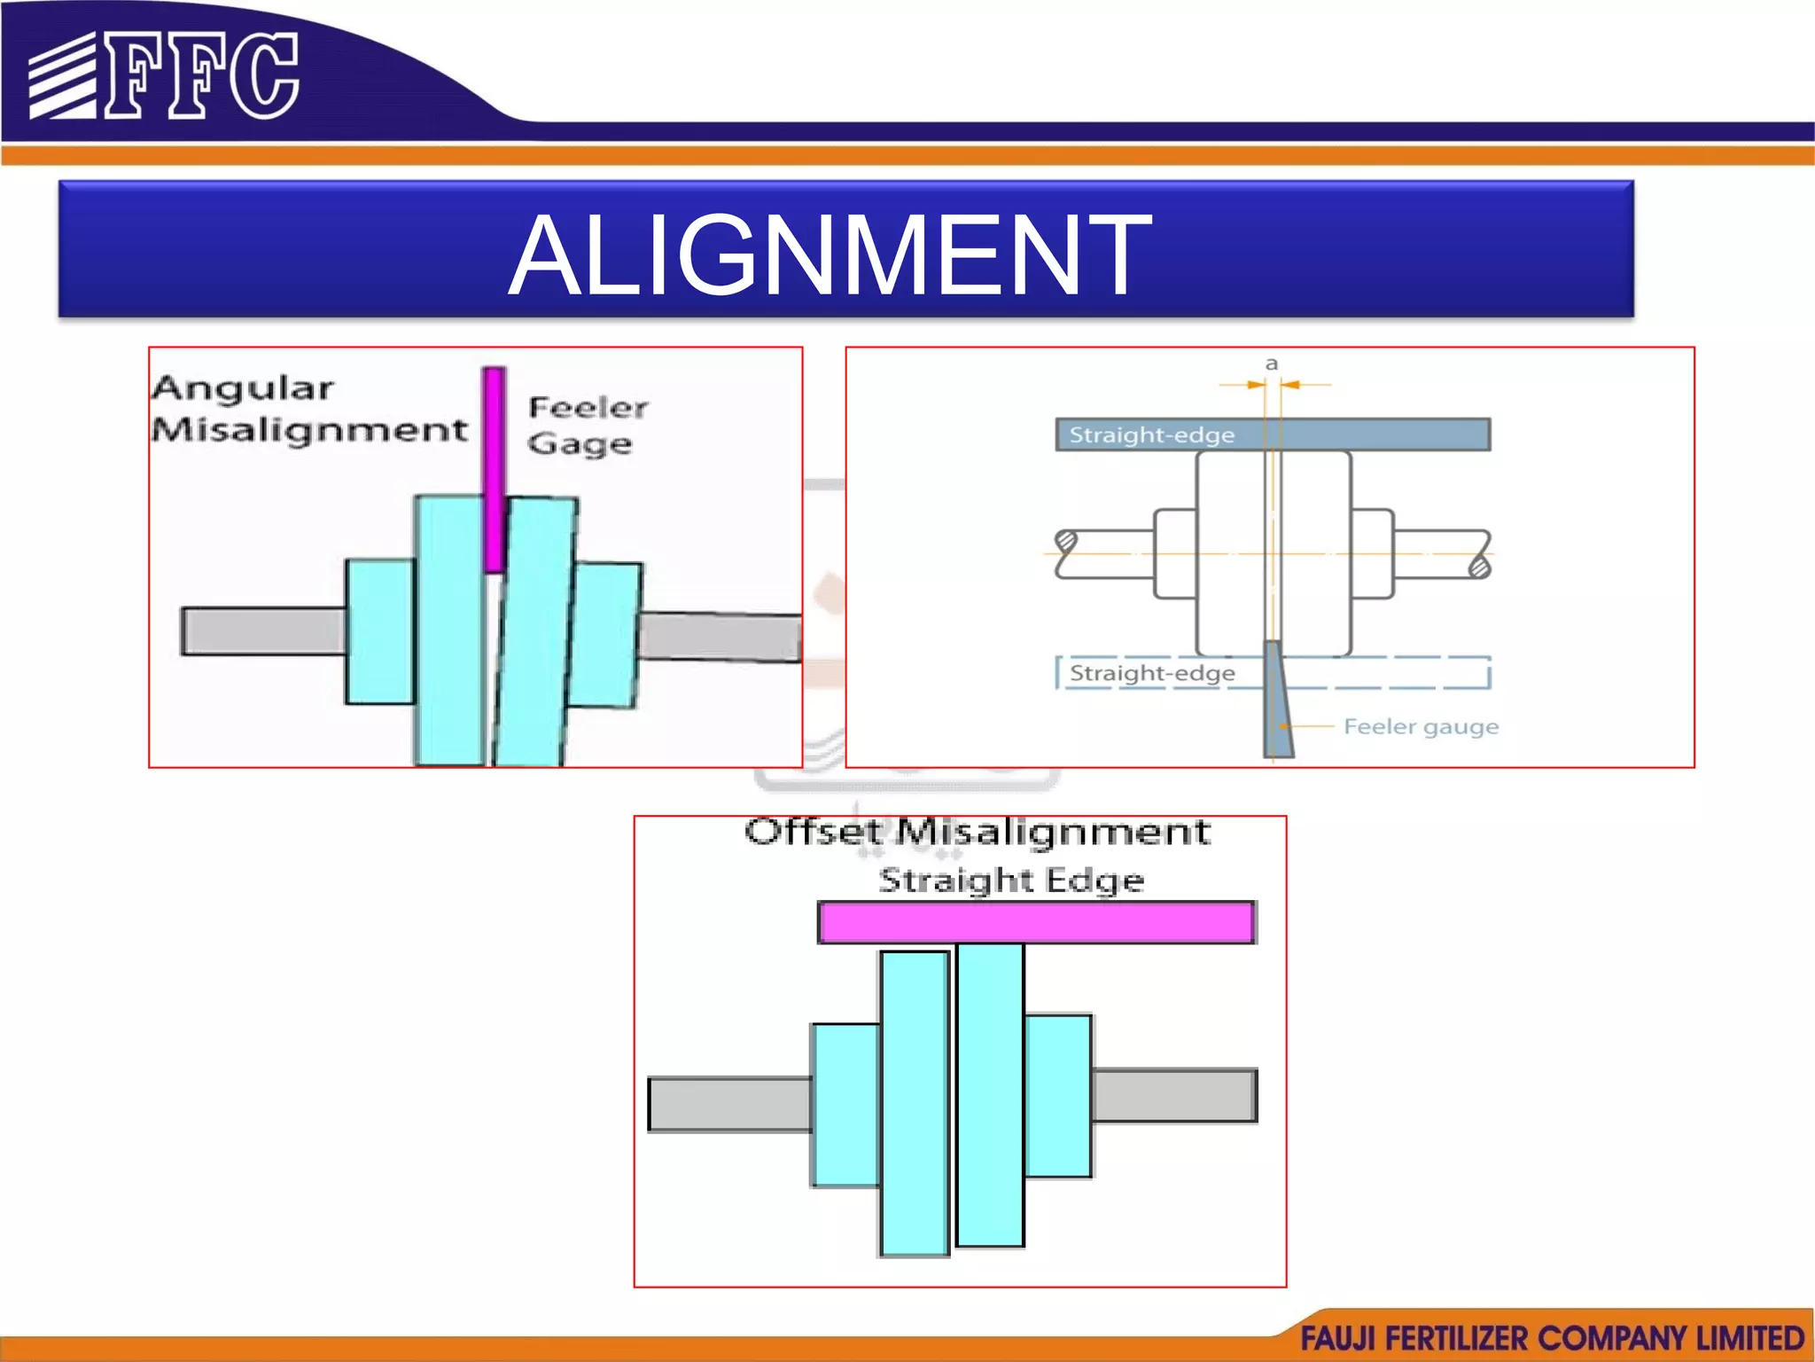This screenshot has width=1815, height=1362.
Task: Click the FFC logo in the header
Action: pyautogui.click(x=164, y=76)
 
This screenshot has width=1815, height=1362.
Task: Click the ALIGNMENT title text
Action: pyautogui.click(x=830, y=255)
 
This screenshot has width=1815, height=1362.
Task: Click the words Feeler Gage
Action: pyautogui.click(x=588, y=425)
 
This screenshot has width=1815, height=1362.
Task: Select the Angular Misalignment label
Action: pyautogui.click(x=308, y=409)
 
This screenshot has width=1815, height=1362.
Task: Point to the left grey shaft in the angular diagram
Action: pyautogui.click(x=263, y=630)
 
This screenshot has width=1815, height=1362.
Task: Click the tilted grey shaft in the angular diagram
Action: pyautogui.click(x=720, y=637)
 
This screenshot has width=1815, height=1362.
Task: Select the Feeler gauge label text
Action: pyautogui.click(x=1421, y=727)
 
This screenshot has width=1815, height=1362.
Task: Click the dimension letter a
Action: pyautogui.click(x=1272, y=364)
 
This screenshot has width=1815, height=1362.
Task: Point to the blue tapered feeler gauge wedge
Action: pyautogui.click(x=1277, y=701)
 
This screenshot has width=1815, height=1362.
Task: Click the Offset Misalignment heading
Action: pyautogui.click(x=977, y=832)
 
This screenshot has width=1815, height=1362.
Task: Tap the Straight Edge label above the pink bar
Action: pyautogui.click(x=1011, y=881)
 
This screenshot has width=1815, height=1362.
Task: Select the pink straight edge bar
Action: pyautogui.click(x=1036, y=922)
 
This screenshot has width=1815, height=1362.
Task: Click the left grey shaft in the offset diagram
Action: pyautogui.click(x=729, y=1104)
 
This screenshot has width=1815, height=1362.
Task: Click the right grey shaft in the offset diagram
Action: pyautogui.click(x=1174, y=1096)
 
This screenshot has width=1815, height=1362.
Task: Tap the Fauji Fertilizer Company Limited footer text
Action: pyautogui.click(x=1552, y=1337)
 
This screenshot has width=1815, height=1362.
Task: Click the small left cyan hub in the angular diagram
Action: pyautogui.click(x=380, y=631)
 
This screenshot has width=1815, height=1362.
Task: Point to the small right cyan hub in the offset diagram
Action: pyautogui.click(x=1058, y=1096)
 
